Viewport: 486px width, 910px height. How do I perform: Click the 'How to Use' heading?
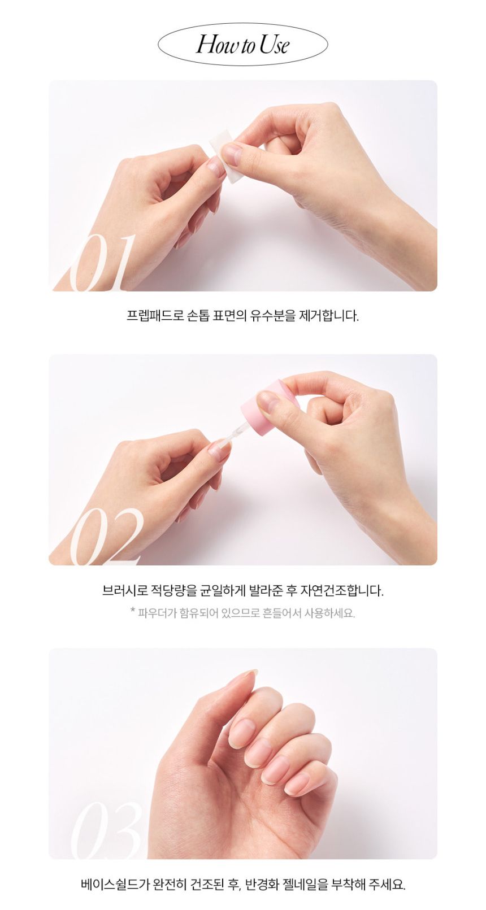click(242, 44)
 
